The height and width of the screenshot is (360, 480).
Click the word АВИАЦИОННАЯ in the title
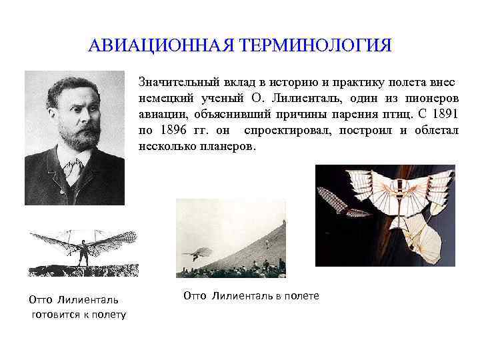[159, 47]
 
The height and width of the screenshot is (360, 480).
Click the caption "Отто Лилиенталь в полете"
[251, 295]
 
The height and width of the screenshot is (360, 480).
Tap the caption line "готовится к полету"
[78, 314]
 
